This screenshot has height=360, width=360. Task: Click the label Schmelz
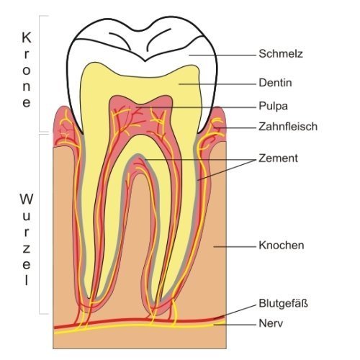pyautogui.click(x=281, y=54)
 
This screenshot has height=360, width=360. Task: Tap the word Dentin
pyautogui.click(x=275, y=83)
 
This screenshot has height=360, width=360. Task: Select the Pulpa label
pyautogui.click(x=273, y=107)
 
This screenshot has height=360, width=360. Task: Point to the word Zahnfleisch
pyautogui.click(x=288, y=127)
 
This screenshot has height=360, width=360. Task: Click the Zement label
pyautogui.click(x=278, y=158)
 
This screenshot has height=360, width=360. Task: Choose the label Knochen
pyautogui.click(x=282, y=246)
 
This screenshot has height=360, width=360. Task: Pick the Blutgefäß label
pyautogui.click(x=283, y=303)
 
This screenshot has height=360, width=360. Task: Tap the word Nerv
pyautogui.click(x=271, y=323)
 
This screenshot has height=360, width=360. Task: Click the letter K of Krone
pyautogui.click(x=27, y=37)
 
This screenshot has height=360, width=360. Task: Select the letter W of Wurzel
pyautogui.click(x=27, y=199)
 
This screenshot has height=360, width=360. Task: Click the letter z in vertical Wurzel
pyautogui.click(x=27, y=249)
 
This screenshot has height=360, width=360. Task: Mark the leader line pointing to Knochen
pyautogui.click(x=235, y=246)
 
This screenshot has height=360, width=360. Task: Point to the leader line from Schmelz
pyautogui.click(x=222, y=55)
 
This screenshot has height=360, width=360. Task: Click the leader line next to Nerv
pyautogui.click(x=235, y=325)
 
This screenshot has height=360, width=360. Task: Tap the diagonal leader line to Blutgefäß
pyautogui.click(x=235, y=312)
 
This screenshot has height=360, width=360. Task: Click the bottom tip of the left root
pyautogui.click(x=89, y=298)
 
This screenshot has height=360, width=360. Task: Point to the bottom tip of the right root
pyautogui.click(x=161, y=300)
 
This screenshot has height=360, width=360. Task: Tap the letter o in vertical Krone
pyautogui.click(x=27, y=71)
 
